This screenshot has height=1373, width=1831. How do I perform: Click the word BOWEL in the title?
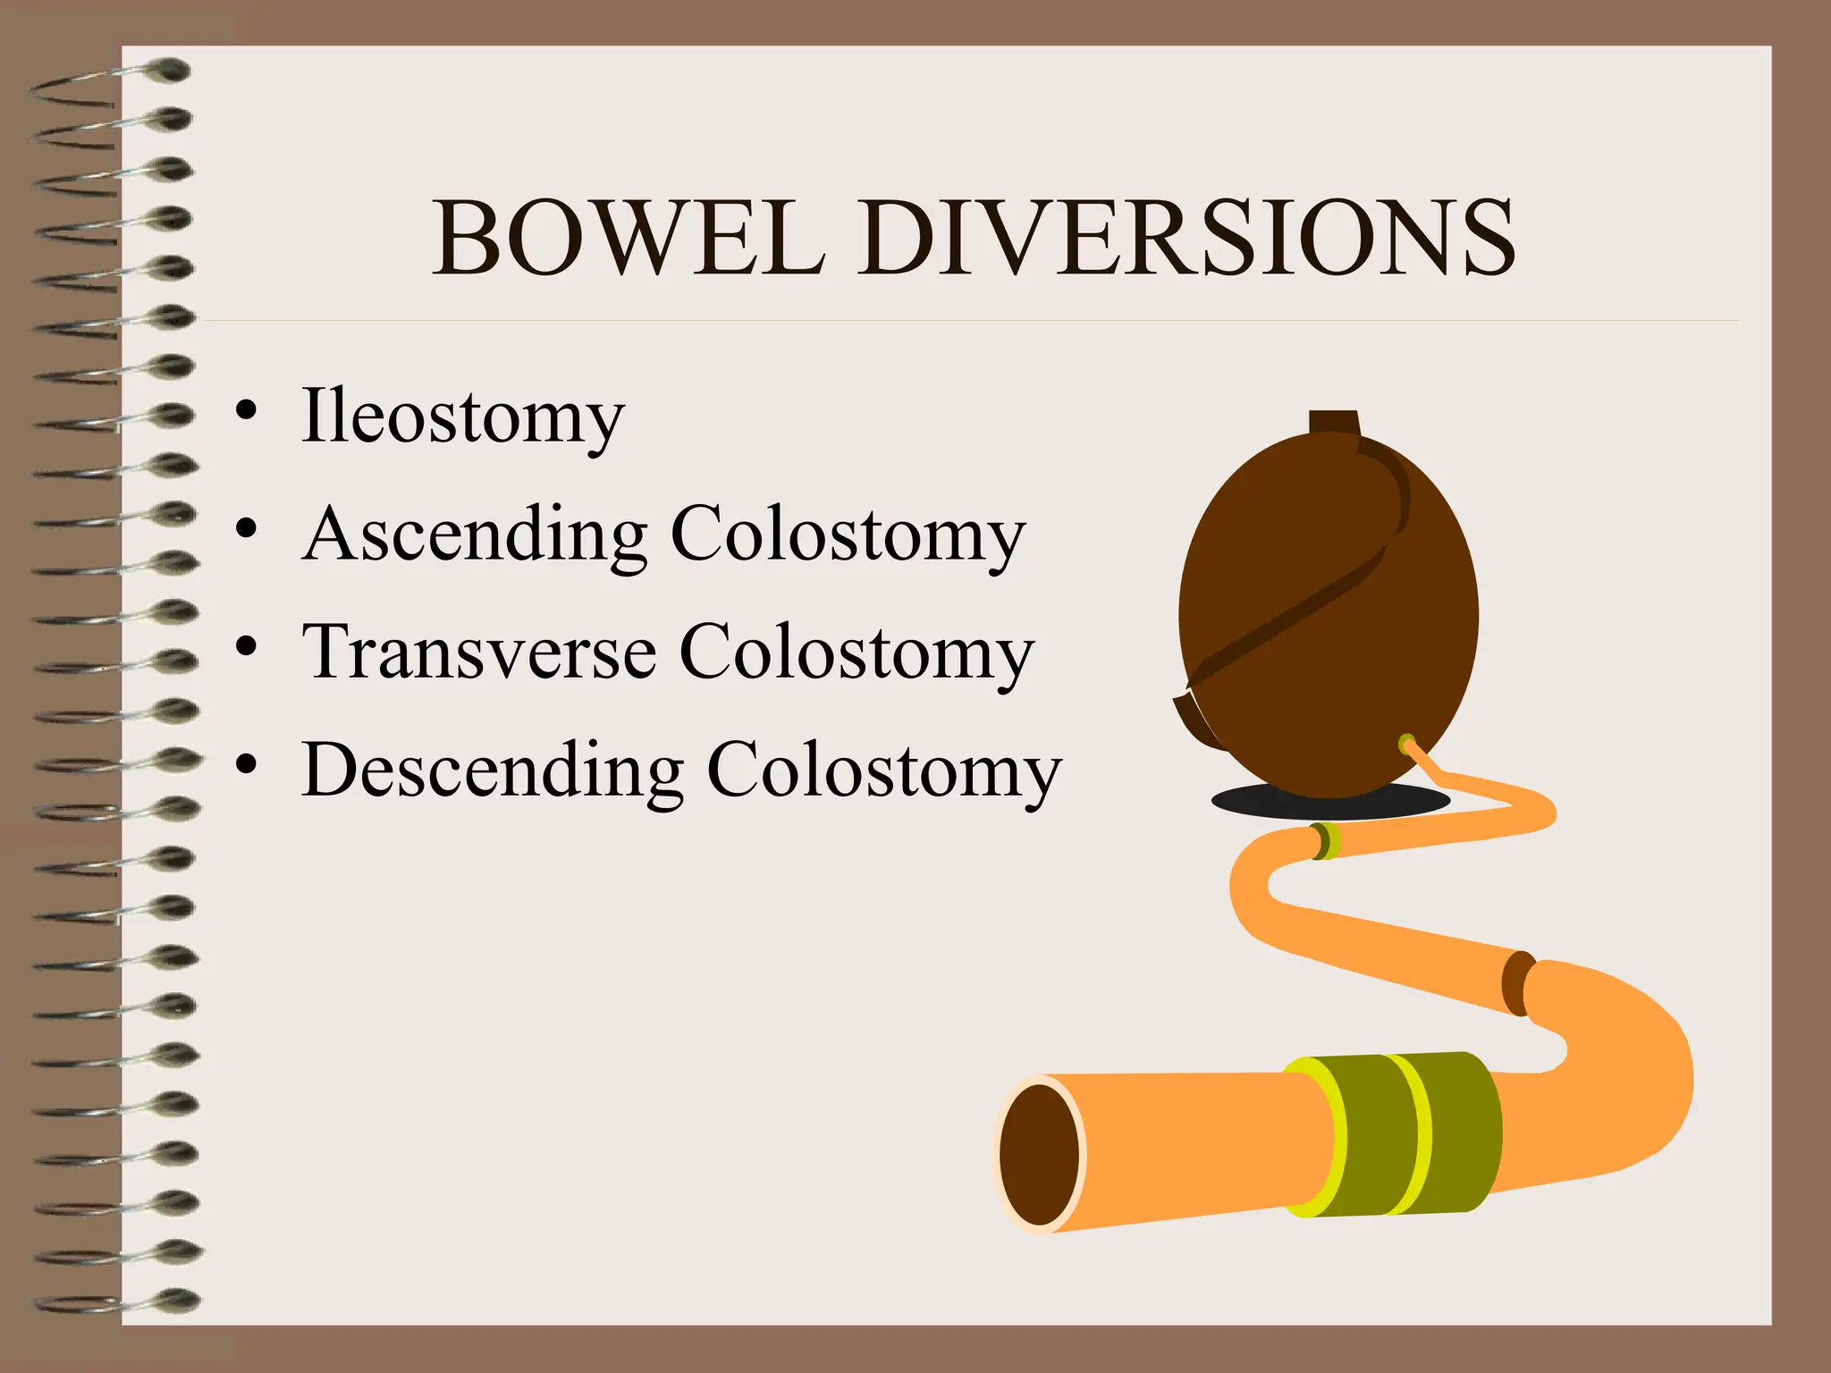[628, 239]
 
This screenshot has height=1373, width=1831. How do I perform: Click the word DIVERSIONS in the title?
[1186, 239]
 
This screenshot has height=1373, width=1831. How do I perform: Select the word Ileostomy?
[462, 417]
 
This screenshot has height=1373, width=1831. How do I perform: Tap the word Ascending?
[475, 535]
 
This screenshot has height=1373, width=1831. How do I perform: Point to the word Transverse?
[479, 652]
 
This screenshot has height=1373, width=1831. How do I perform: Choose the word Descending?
[493, 770]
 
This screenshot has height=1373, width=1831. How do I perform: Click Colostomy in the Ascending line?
[847, 535]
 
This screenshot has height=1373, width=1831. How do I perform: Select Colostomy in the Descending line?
[883, 770]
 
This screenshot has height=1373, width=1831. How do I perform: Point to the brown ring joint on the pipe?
[1517, 983]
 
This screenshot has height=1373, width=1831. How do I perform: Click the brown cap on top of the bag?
[1334, 423]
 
